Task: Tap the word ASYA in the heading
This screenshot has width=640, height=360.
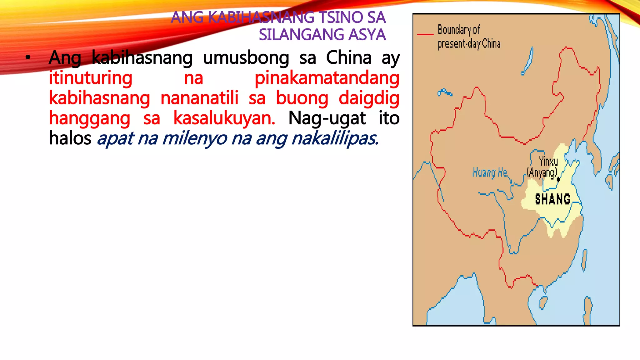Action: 367,35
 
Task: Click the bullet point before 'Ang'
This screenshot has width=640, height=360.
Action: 28,57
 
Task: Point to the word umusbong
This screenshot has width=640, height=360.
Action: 246,58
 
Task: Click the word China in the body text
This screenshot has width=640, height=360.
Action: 349,58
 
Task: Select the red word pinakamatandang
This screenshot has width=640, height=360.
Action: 327,78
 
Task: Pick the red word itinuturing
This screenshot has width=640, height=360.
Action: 91,78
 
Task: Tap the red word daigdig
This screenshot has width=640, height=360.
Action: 369,98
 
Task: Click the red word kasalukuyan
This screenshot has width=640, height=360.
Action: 224,118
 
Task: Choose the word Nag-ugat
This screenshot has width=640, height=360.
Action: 327,118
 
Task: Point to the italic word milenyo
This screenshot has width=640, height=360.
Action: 194,138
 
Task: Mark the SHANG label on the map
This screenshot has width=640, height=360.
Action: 552,199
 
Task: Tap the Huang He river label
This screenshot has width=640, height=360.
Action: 489,172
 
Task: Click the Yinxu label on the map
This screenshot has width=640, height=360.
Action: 548,162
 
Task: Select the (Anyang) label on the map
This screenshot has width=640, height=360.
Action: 542,172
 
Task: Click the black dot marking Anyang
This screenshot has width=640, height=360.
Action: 558,180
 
